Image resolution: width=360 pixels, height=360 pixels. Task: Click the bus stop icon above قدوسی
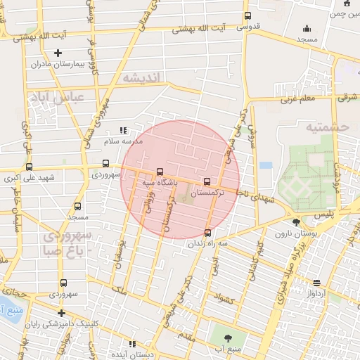coord(247,16)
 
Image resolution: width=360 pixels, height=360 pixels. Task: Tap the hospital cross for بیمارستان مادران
coord(58,53)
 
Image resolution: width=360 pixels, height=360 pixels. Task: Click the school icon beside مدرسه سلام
coord(123,130)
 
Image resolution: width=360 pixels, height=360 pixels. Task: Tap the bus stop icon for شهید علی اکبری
coord(29,167)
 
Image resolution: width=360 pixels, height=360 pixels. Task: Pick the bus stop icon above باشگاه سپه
coord(160,172)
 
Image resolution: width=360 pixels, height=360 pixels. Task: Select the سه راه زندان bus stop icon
coord(207,233)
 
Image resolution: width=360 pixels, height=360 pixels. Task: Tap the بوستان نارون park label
coord(293,233)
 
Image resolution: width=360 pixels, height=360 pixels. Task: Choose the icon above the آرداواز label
coord(317,283)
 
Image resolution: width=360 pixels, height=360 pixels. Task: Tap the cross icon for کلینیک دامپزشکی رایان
coord(61,313)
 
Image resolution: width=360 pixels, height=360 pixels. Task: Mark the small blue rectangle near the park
coord(265,165)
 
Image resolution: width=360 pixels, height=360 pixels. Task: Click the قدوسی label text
coord(248,27)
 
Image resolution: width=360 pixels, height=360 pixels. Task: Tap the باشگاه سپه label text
coord(158,182)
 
